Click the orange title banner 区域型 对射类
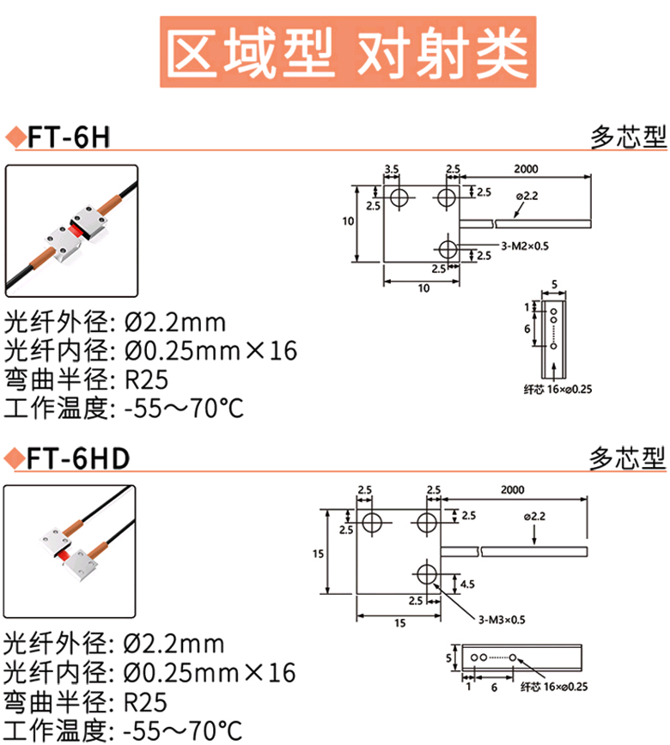(x=347, y=53)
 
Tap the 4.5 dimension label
(x=467, y=584)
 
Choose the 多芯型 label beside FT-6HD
(x=628, y=459)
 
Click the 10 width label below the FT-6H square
(x=423, y=288)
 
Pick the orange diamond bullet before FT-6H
(x=14, y=137)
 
